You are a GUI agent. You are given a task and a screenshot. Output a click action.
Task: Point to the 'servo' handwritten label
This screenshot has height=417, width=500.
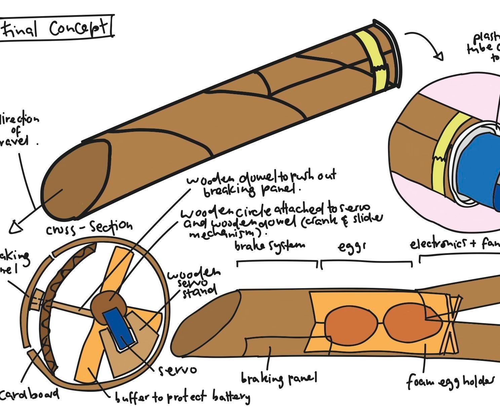pyautogui.click(x=177, y=370)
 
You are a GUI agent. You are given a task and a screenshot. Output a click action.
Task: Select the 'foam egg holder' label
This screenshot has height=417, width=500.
pyautogui.click(x=451, y=381)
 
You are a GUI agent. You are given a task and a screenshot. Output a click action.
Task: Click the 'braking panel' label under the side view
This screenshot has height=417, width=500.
pyautogui.click(x=279, y=379)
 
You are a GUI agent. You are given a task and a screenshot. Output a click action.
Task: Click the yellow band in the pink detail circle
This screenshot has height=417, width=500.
pyautogui.click(x=446, y=155)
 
